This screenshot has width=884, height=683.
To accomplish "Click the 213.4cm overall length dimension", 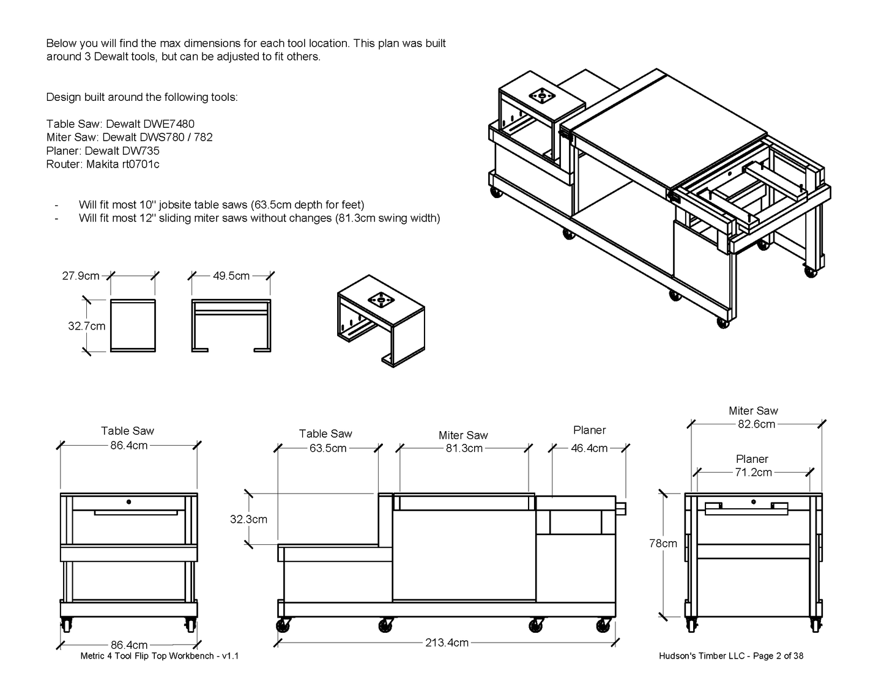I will click(447, 643).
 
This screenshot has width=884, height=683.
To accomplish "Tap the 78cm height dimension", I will click(663, 543).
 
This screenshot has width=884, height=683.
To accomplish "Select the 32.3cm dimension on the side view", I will click(248, 519).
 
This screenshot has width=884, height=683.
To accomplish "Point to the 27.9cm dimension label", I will click(81, 276).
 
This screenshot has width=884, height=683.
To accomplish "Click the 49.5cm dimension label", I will click(231, 276).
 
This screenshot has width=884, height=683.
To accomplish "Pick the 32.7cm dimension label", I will click(86, 326).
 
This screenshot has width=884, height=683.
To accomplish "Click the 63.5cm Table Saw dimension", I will click(328, 448).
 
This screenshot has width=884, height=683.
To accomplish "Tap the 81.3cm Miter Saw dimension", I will click(464, 448).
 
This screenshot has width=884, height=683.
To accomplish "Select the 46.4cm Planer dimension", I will click(589, 448).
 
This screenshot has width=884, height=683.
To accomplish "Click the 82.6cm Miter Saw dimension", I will click(756, 424).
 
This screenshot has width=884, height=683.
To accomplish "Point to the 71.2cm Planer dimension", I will click(754, 472).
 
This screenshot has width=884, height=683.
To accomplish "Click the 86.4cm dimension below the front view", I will click(129, 644).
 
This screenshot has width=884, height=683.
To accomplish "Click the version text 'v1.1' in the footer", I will click(230, 656).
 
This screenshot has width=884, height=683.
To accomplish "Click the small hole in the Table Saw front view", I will click(129, 502).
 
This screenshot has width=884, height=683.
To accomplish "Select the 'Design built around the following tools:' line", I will click(142, 97).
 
